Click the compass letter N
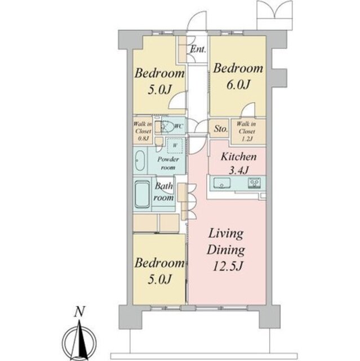point(79,311)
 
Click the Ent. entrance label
point(198,49)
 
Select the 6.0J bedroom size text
point(238,85)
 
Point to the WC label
point(179,126)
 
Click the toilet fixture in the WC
point(167,126)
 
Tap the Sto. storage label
point(221,129)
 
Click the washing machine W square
point(175,146)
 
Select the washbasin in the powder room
point(140,160)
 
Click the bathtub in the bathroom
point(142,194)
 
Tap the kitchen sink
point(222,183)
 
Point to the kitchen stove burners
point(254,183)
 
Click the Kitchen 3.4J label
point(239,163)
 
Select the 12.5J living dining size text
point(228,266)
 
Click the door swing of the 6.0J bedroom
point(248,109)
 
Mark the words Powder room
point(168,163)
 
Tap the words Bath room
point(164,192)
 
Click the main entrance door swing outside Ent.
point(197,20)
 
